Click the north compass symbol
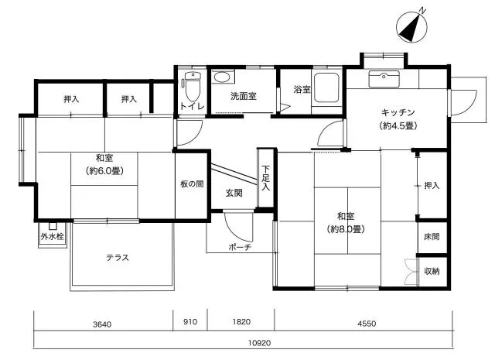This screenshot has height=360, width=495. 411,27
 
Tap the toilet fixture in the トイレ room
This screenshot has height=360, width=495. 193,86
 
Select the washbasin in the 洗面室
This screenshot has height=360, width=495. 222,77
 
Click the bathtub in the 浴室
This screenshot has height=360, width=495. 326,87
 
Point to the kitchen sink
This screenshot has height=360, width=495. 384,79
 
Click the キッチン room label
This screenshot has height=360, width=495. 398,112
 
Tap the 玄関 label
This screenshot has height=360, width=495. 234,193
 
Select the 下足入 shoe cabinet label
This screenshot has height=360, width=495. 265,178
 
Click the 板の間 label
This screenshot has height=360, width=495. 192,183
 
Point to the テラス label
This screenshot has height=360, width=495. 118,258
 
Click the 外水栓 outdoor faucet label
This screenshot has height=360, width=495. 53,236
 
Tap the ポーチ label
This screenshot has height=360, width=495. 240,247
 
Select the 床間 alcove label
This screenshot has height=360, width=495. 432,237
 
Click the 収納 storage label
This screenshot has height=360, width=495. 432,271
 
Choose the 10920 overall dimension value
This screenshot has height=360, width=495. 260,343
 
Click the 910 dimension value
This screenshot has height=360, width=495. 190,322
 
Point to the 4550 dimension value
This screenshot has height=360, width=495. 367,324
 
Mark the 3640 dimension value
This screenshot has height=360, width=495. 102,324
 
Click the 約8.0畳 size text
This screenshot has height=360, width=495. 346,229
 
